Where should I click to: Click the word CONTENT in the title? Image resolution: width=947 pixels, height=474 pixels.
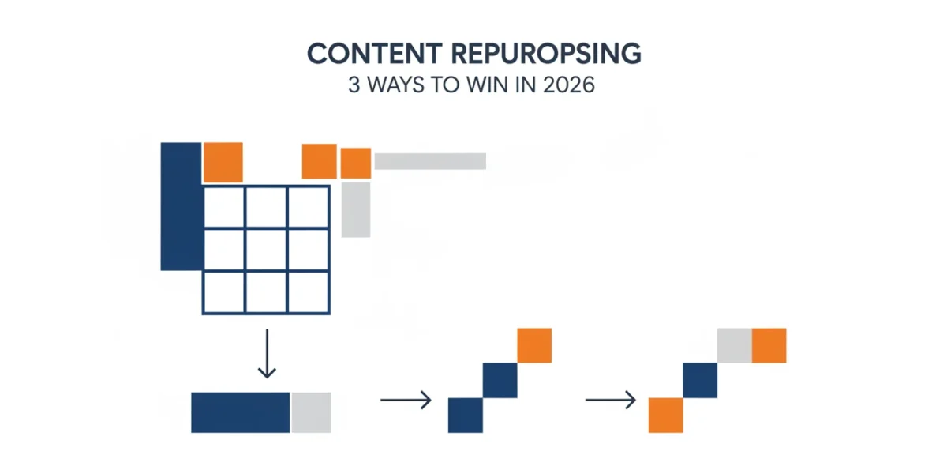coord(375,54)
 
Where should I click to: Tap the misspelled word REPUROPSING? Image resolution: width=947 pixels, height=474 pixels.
coord(546,54)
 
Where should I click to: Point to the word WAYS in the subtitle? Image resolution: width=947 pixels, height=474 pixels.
coord(395,85)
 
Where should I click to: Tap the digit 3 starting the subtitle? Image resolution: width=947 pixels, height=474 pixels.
coord(354,85)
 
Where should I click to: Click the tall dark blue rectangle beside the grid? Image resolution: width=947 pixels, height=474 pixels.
coord(182,206)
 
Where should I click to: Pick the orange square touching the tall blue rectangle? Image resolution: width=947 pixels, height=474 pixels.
coord(223,163)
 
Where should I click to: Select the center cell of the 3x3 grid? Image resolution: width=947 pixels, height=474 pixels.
coord(266,250)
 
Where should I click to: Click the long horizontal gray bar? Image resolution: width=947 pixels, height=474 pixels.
coord(430,161)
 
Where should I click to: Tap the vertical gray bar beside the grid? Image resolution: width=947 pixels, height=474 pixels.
coord(356,210)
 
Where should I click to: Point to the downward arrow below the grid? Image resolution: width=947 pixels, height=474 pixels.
coord(267,354)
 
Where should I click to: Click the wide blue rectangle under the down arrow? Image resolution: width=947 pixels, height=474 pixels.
coord(241,412)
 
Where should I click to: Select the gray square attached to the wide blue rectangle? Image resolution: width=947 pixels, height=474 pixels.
coord(311,412)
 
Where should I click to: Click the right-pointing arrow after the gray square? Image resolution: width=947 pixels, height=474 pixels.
coord(406,400)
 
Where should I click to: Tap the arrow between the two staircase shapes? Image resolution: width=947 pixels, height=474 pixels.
coord(611,400)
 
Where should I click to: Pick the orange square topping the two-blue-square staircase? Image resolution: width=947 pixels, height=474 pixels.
coord(534,345)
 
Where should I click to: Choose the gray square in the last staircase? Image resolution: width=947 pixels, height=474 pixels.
coord(735,345)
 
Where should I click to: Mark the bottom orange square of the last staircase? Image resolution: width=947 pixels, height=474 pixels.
coord(666,416)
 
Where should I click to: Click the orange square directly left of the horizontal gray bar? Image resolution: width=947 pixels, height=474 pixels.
coord(356,163)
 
